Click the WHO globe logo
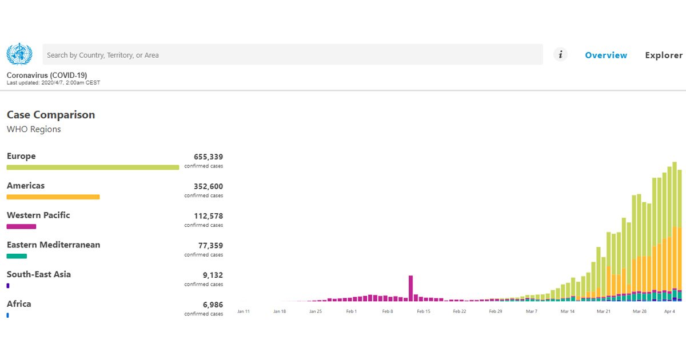(x=19, y=54)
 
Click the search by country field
(x=293, y=54)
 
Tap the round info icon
(x=560, y=55)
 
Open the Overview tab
(x=606, y=55)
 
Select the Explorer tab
(x=664, y=55)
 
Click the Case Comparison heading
(x=51, y=115)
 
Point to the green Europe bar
(x=93, y=167)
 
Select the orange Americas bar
(x=53, y=197)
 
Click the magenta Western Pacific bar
(x=22, y=226)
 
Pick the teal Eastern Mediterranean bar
(x=17, y=256)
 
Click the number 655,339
(x=208, y=157)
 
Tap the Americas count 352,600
(x=208, y=186)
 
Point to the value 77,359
(x=210, y=246)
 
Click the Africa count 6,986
(x=213, y=305)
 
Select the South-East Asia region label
(x=39, y=274)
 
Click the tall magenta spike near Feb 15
(x=410, y=289)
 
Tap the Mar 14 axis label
(x=568, y=311)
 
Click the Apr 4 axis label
(x=669, y=311)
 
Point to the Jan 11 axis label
(x=244, y=311)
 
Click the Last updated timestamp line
(x=53, y=83)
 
